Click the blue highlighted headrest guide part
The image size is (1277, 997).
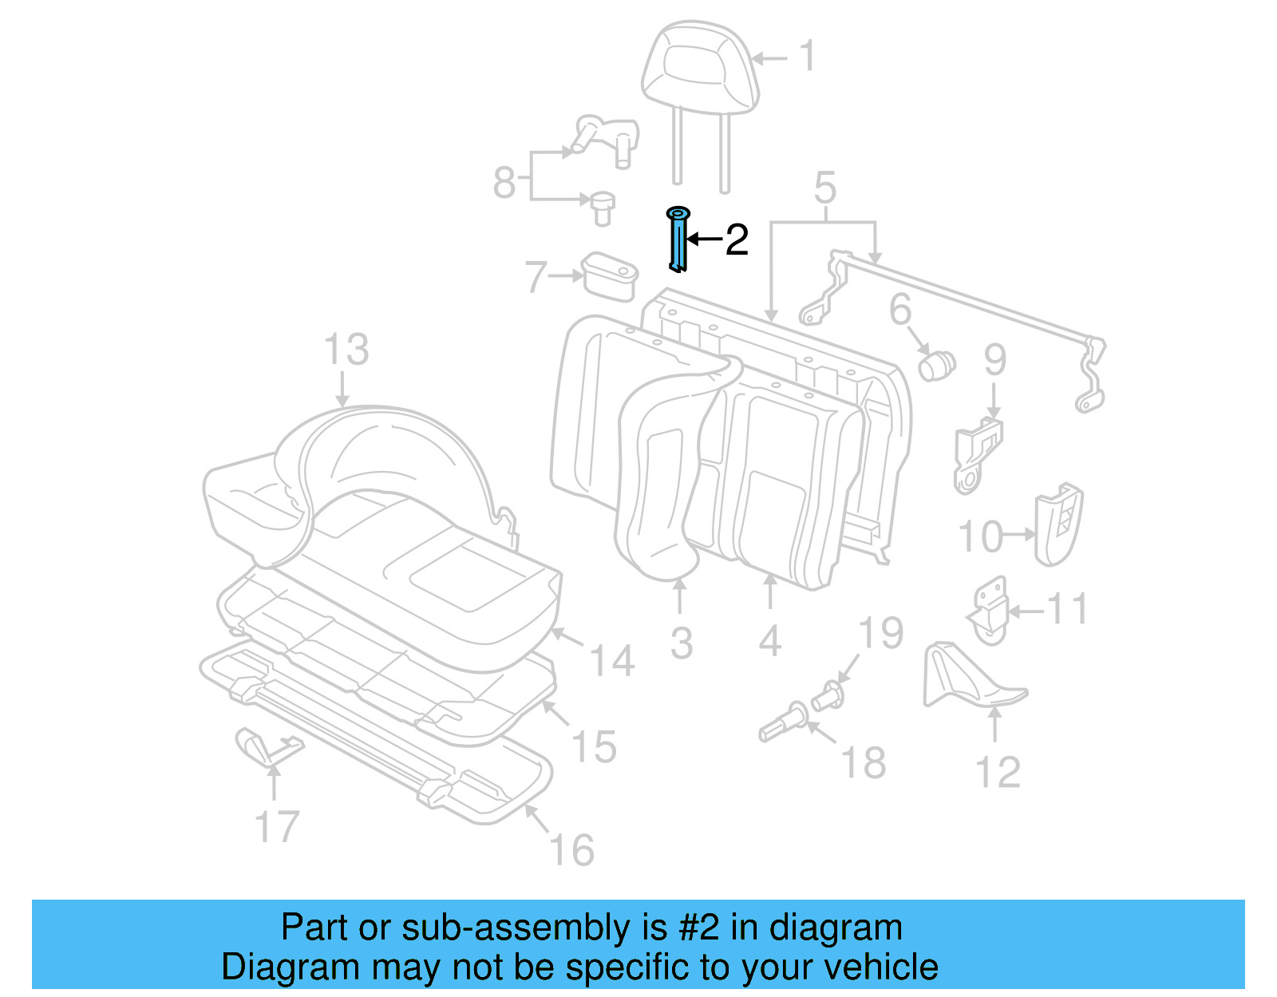click(x=678, y=240)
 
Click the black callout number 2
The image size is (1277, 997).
click(x=736, y=239)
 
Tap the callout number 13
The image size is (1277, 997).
click(x=346, y=350)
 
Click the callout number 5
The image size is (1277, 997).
click(x=824, y=188)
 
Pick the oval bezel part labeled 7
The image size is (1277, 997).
click(x=611, y=276)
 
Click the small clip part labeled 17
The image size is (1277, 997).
click(x=263, y=746)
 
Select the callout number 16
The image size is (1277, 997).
click(x=572, y=850)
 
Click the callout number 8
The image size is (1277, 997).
click(x=504, y=182)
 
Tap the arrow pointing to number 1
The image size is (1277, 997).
click(x=769, y=57)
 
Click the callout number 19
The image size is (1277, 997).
click(x=880, y=633)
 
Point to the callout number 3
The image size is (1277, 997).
click(x=681, y=643)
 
